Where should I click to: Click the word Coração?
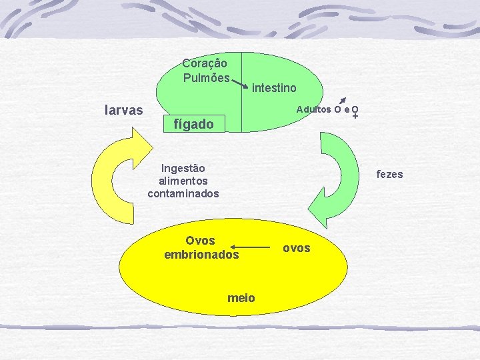click(x=205, y=63)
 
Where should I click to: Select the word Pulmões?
click(x=206, y=77)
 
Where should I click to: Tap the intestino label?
click(x=275, y=88)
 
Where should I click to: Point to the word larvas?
click(x=124, y=110)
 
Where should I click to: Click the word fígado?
click(x=193, y=124)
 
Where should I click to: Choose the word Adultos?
click(x=314, y=109)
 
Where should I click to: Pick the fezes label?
click(x=390, y=175)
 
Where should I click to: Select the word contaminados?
click(x=183, y=193)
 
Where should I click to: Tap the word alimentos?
click(x=183, y=181)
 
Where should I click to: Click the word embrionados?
click(x=201, y=254)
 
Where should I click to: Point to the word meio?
click(x=241, y=298)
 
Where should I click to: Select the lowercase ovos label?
click(x=297, y=248)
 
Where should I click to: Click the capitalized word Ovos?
click(x=200, y=241)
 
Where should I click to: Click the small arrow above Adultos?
click(x=343, y=99)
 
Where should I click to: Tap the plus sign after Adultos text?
click(x=355, y=117)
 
